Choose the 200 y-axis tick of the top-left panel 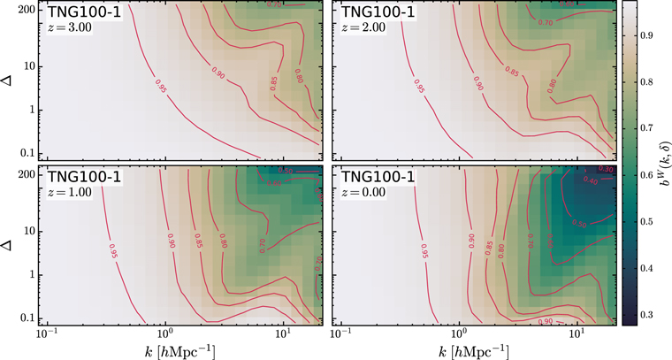click(x=21, y=11)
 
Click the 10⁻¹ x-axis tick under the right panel click(x=338, y=337)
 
